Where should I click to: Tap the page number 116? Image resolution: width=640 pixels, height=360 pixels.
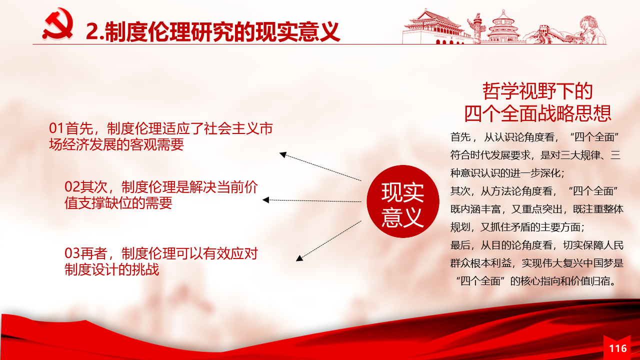[x=618, y=348]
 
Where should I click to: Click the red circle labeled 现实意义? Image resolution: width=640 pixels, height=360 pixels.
[x=403, y=201]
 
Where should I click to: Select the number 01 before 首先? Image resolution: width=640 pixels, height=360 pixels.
[x=56, y=128]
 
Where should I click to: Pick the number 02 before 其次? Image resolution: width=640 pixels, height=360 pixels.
[x=71, y=187]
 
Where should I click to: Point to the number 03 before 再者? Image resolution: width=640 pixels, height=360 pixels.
[x=71, y=253]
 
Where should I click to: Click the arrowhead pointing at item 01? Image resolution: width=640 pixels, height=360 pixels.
[x=283, y=154]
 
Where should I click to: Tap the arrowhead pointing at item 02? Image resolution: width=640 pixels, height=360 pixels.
[x=265, y=200]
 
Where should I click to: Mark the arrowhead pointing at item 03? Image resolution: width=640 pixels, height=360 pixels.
[x=299, y=258]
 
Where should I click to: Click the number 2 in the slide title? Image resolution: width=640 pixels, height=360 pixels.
[x=92, y=31]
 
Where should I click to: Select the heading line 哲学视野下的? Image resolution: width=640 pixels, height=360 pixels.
[x=537, y=91]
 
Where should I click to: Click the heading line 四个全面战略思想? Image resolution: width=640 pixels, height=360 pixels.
[x=537, y=113]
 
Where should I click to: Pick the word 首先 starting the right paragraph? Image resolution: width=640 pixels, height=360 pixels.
[x=460, y=137]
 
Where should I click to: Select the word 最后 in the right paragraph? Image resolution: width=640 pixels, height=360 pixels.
[x=460, y=245]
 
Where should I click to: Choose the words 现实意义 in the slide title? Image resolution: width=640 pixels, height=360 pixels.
[x=297, y=31]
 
